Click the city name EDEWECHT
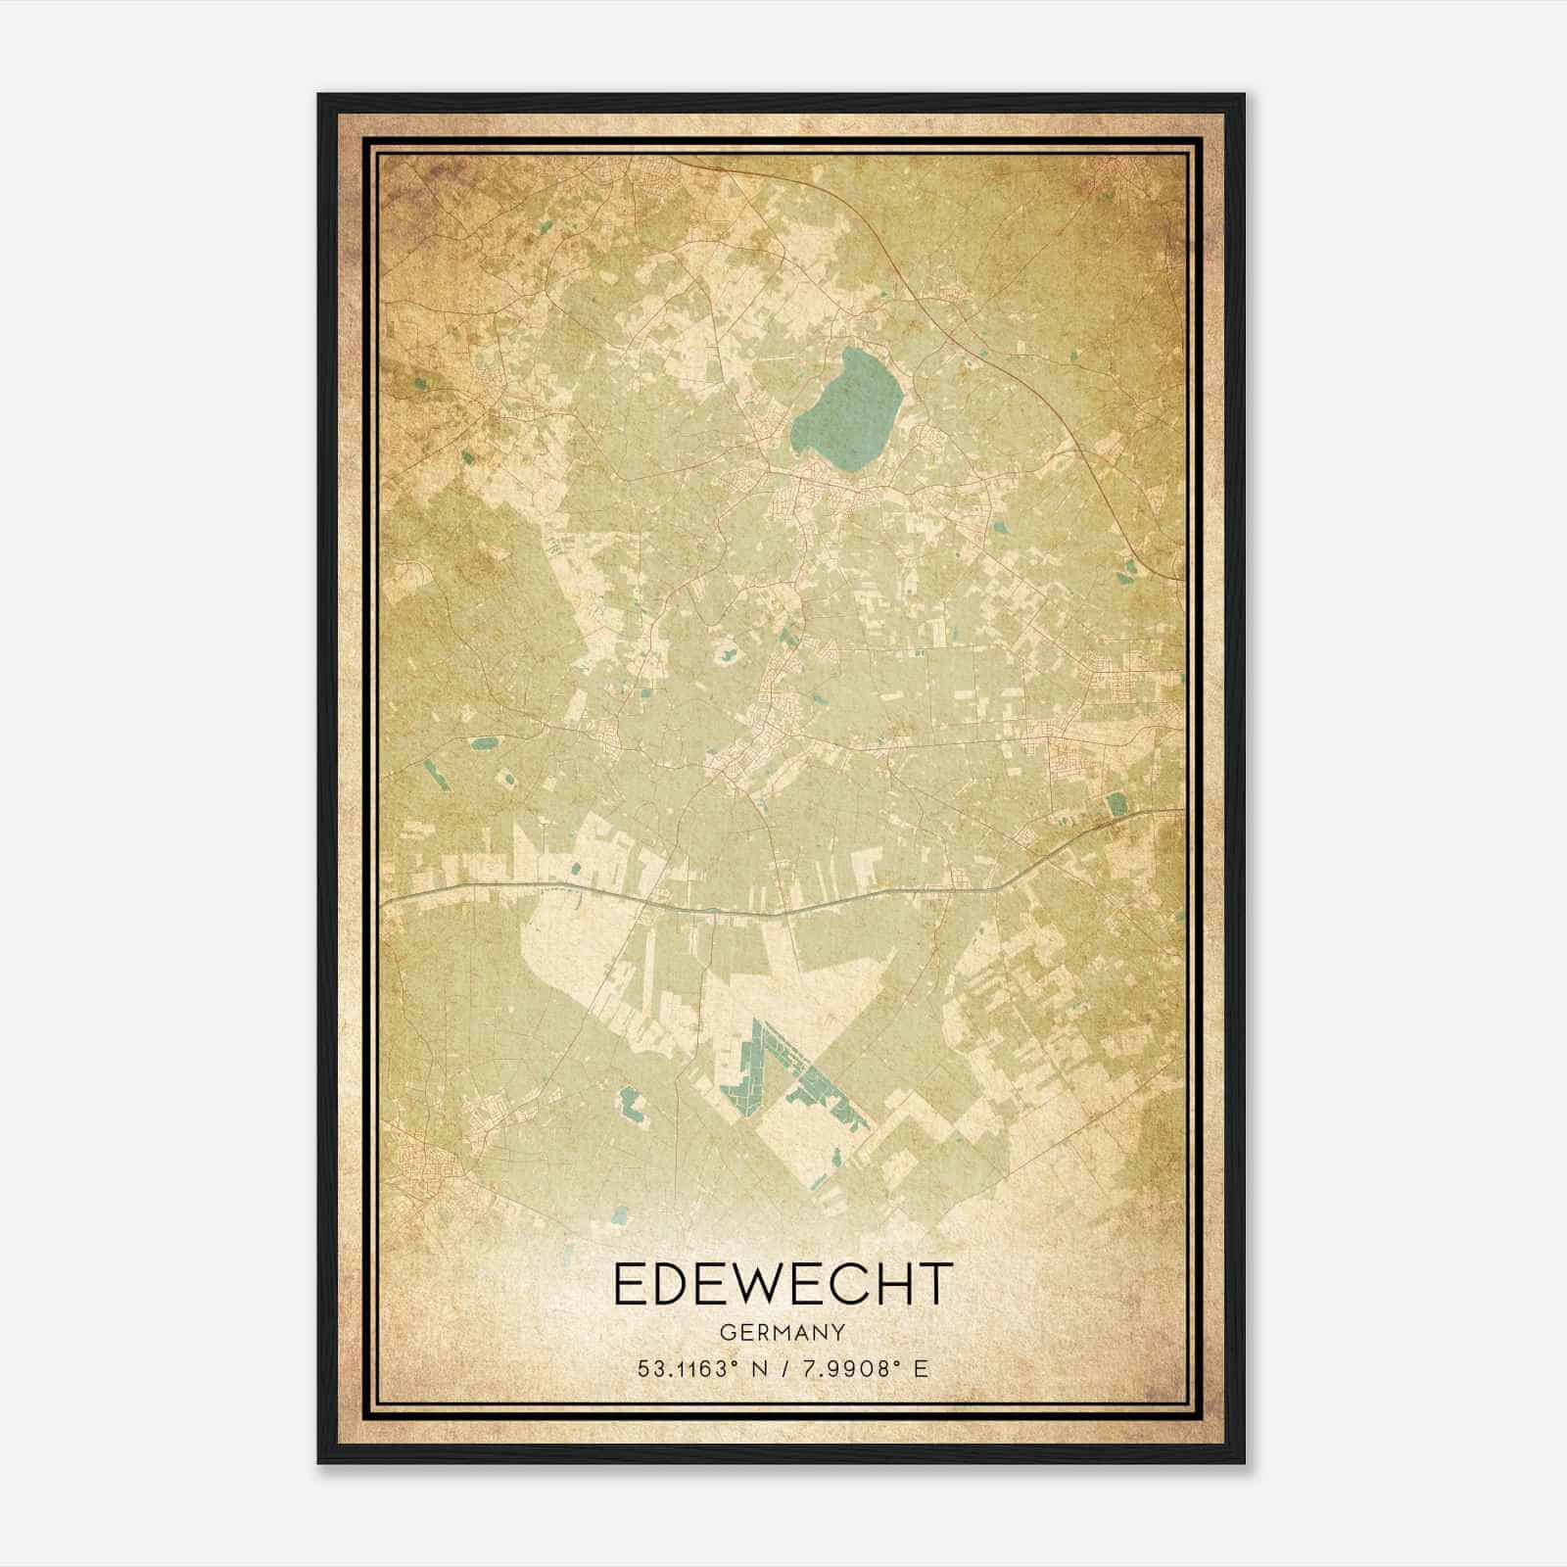783,1284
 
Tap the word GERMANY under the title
783,1333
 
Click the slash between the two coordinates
783,1369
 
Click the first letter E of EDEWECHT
629,1284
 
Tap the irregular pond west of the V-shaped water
629,1103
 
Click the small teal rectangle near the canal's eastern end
1116,805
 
